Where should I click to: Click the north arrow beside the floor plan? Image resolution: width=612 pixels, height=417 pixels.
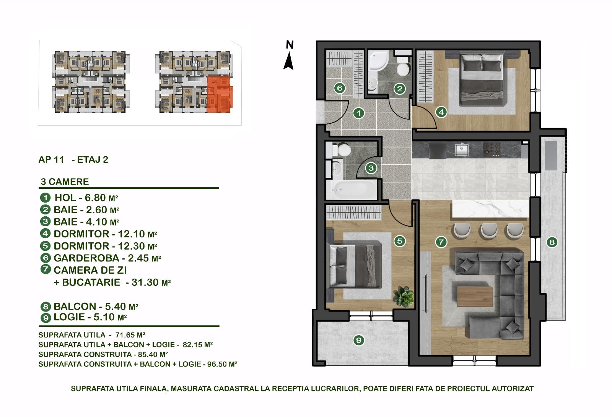(x=288, y=61)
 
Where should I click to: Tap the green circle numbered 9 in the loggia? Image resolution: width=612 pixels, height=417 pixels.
(x=358, y=340)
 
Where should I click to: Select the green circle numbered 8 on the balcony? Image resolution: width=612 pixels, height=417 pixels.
(x=552, y=242)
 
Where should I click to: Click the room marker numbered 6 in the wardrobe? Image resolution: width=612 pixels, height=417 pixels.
(x=340, y=88)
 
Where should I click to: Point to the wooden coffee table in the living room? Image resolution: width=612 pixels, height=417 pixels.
(x=475, y=296)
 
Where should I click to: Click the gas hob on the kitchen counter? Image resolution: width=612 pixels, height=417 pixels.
(x=492, y=149)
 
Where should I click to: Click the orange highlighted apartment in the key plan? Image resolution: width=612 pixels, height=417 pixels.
(x=220, y=94)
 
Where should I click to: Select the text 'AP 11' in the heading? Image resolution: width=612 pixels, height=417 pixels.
(x=51, y=159)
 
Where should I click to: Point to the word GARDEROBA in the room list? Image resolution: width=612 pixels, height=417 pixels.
(x=86, y=258)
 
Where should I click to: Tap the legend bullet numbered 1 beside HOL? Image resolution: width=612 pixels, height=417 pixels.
(x=45, y=198)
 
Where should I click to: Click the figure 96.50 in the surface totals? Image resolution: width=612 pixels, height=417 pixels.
(x=217, y=364)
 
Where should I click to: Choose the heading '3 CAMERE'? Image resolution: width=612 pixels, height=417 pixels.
(x=65, y=182)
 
